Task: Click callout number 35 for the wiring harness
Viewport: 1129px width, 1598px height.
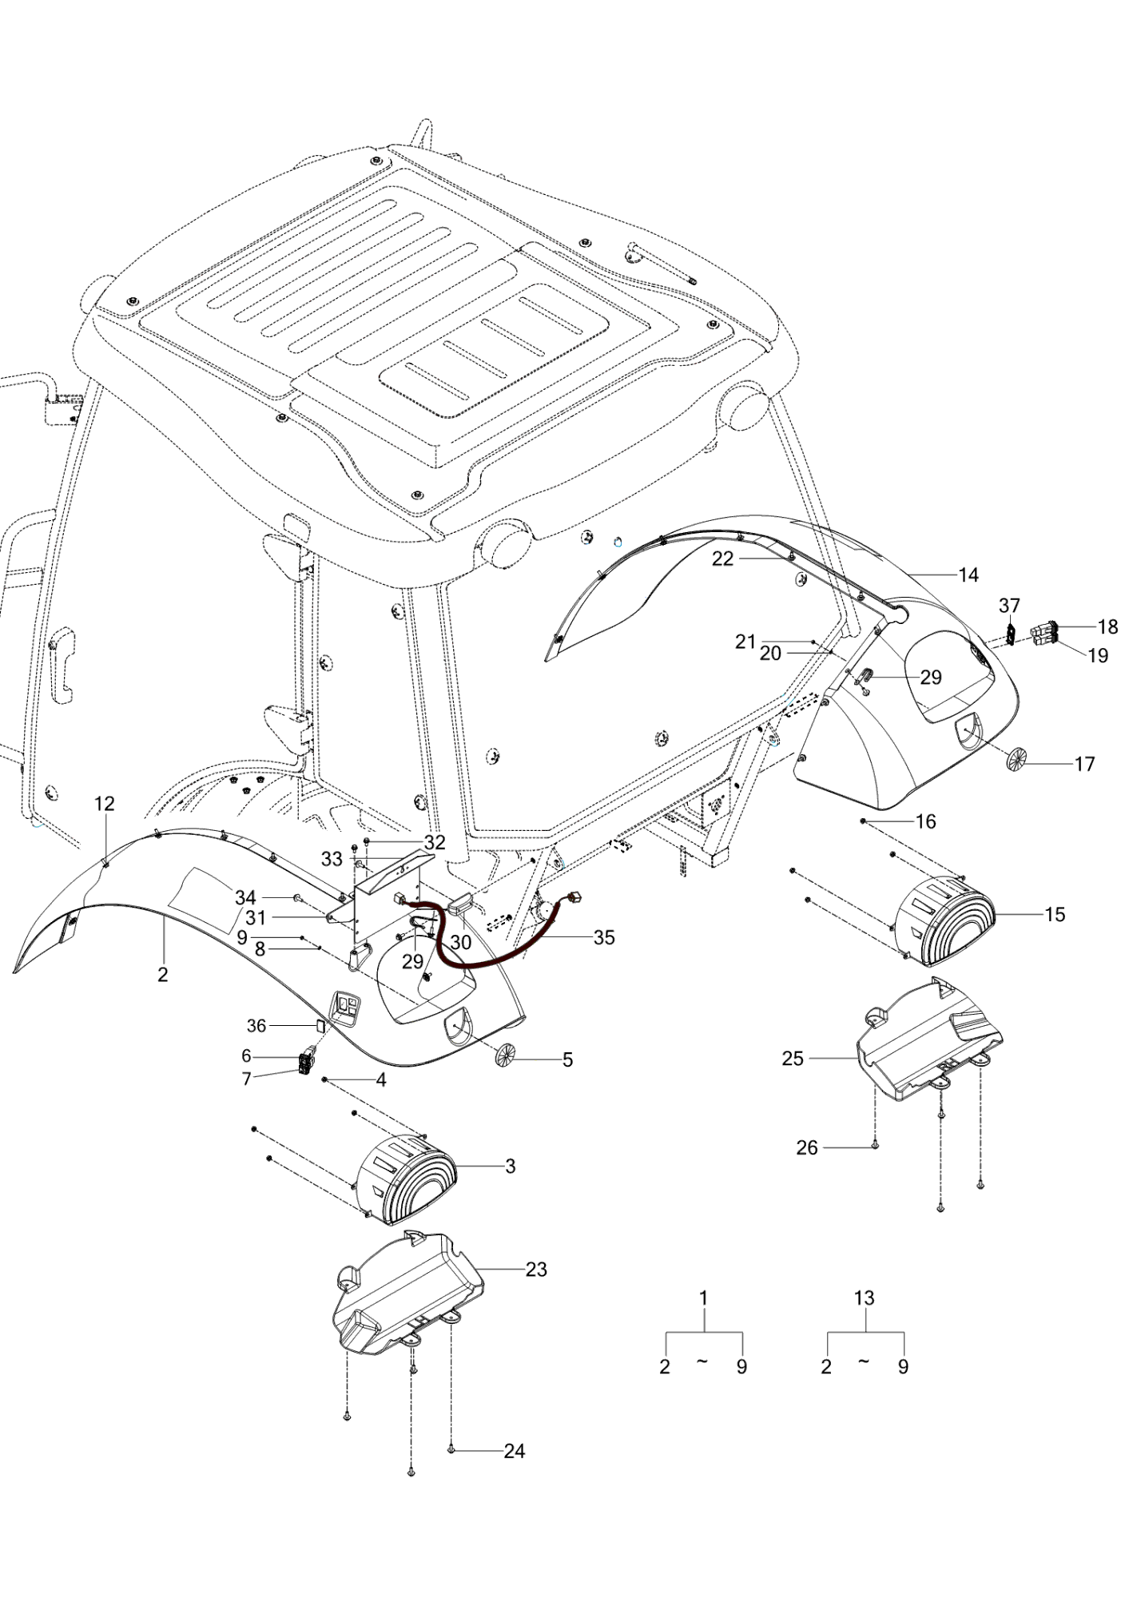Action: tap(604, 937)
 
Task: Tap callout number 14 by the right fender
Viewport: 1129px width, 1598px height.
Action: tap(968, 574)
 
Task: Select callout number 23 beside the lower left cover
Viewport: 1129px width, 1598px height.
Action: tap(536, 1269)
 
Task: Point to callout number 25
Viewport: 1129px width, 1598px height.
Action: tap(793, 1059)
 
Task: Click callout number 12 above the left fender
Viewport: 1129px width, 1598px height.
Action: tap(105, 804)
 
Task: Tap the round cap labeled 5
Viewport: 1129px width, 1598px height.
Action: tap(507, 1055)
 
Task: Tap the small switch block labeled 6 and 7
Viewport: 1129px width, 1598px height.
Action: tap(306, 1063)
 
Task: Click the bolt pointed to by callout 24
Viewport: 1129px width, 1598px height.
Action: tap(451, 1449)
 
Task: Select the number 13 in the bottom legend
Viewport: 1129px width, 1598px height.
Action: tap(865, 1298)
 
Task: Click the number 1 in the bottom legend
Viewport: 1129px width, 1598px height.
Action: tap(703, 1298)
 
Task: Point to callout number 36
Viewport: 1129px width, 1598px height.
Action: tap(256, 1025)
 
